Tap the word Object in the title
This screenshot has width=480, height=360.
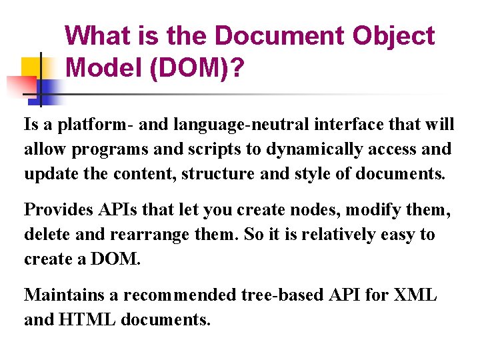pyautogui.click(x=395, y=36)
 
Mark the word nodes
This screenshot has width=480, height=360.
pyautogui.click(x=302, y=210)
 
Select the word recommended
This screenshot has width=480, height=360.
pyautogui.click(x=181, y=295)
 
